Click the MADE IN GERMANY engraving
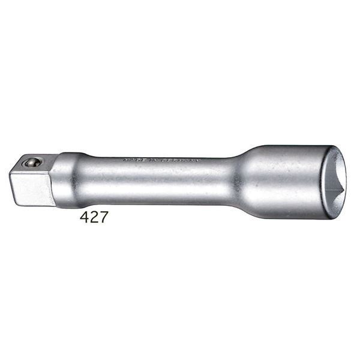click(152, 161)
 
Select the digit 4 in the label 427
click(85, 217)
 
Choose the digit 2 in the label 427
click(94, 217)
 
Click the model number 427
click(94, 217)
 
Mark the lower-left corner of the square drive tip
click(13, 202)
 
